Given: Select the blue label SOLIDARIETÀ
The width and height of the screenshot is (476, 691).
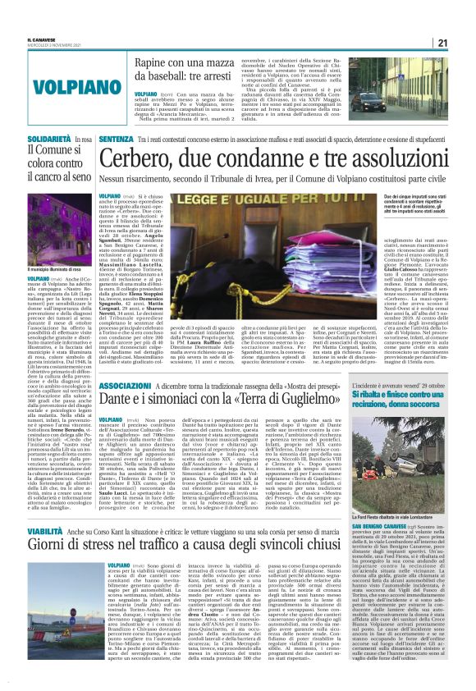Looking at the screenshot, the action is click(28, 141).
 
